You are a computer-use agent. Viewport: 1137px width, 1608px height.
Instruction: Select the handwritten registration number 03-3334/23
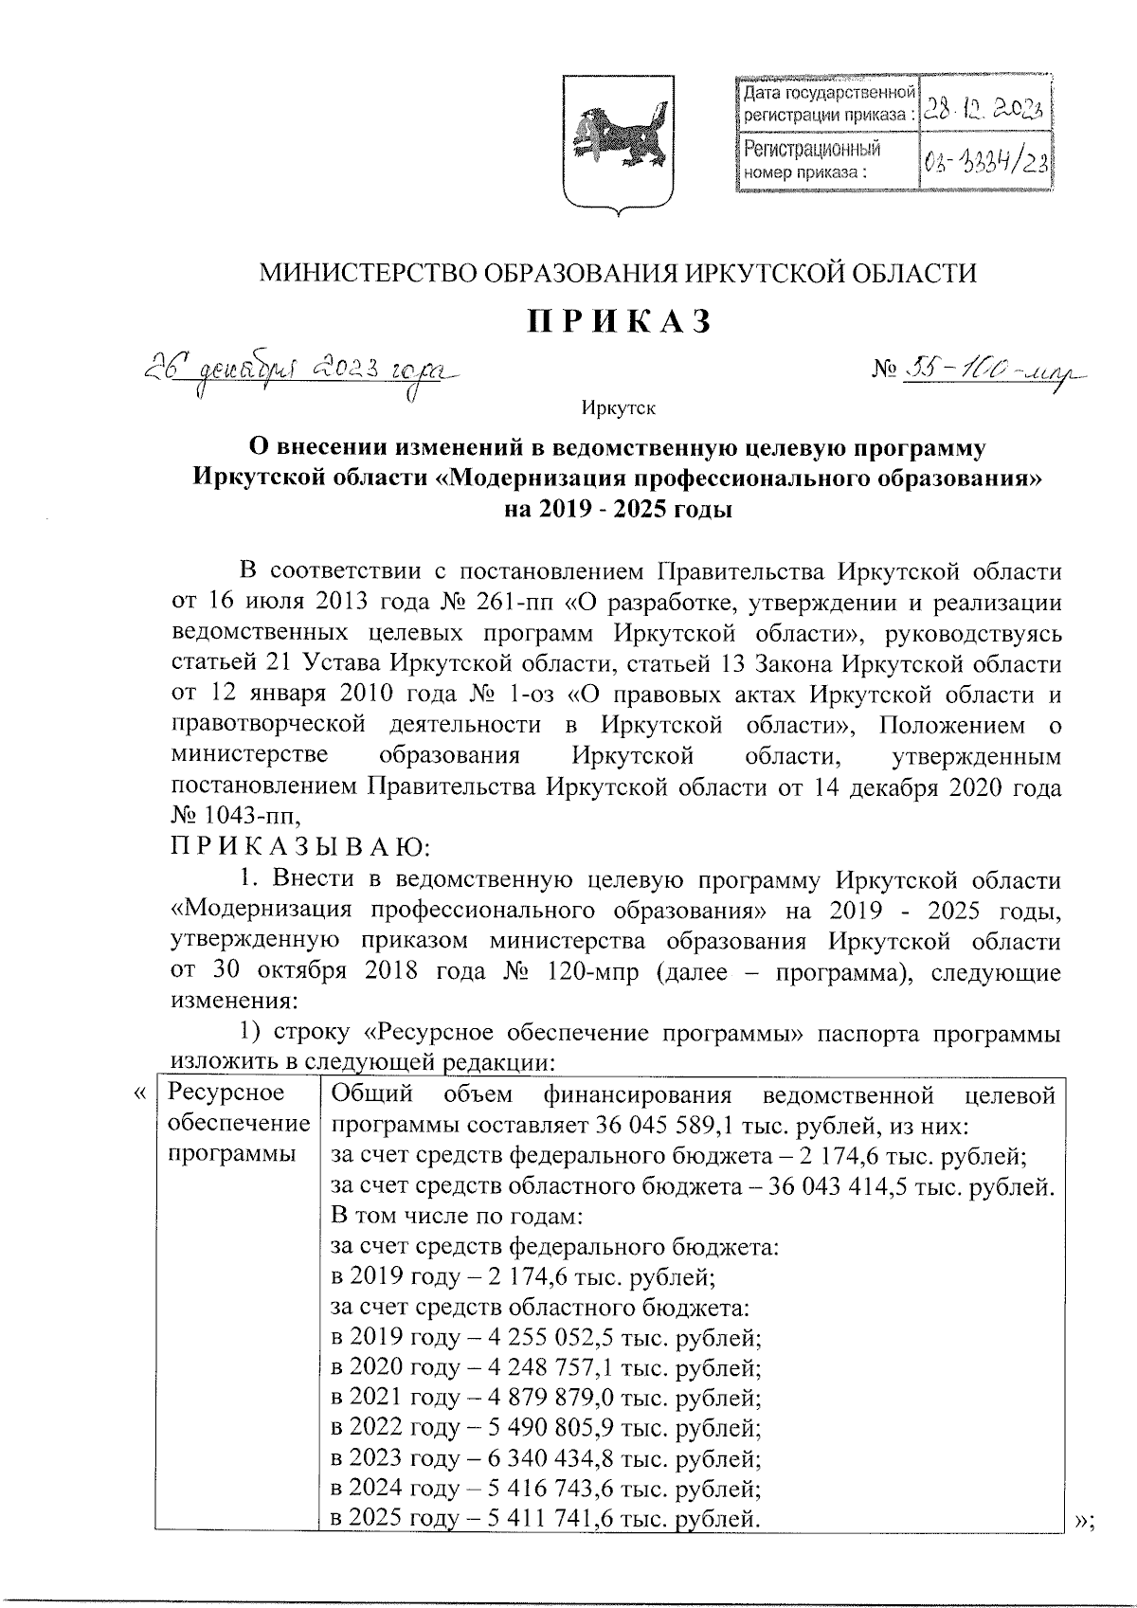(x=985, y=163)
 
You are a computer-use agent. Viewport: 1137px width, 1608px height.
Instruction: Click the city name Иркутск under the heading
(x=619, y=408)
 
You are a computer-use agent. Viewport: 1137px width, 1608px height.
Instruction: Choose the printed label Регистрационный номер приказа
(x=811, y=160)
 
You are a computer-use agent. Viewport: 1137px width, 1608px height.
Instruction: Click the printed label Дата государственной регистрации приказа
(x=827, y=104)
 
